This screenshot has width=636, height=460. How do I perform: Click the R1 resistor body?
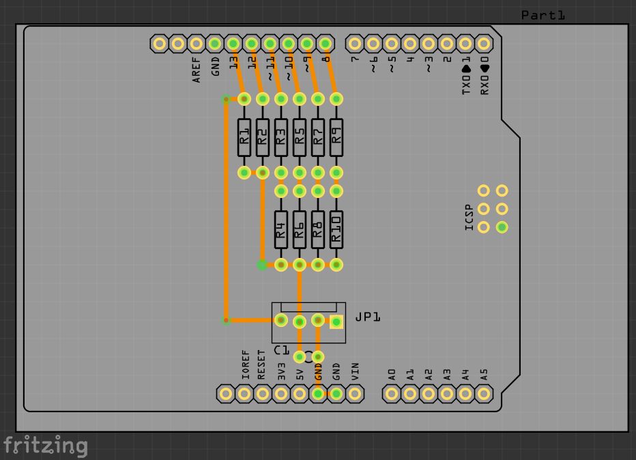[244, 136]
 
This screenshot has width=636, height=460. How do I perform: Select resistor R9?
[336, 136]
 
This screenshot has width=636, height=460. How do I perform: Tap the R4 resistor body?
[280, 228]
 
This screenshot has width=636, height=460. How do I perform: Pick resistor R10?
[336, 228]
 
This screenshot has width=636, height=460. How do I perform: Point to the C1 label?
[281, 350]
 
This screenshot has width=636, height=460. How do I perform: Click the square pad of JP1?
[336, 322]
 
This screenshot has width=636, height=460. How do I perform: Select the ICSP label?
[469, 218]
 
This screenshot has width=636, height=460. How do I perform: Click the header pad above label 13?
[233, 44]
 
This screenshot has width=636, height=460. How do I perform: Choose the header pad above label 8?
[326, 44]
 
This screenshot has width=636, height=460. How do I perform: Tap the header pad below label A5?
[484, 393]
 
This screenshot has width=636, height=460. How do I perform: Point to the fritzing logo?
[45, 446]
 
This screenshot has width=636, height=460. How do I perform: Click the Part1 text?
[543, 15]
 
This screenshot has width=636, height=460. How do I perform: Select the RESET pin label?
[262, 365]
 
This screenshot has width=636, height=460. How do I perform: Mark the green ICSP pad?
[502, 227]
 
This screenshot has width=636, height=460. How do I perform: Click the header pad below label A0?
[391, 393]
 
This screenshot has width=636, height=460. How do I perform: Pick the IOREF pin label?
[245, 365]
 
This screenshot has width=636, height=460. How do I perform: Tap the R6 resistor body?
[299, 228]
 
